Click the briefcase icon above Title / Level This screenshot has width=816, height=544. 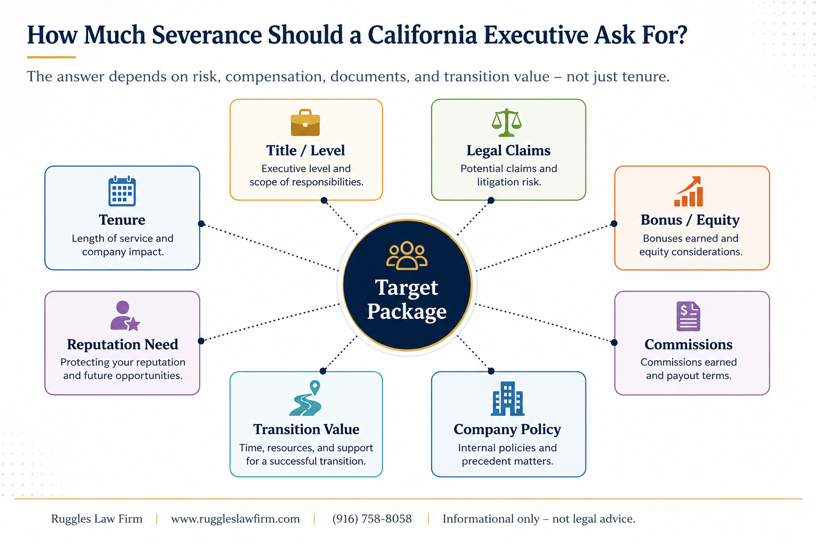coord(305,122)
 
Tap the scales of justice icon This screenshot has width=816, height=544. coord(506,122)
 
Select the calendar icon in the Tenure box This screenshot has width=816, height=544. coord(122,191)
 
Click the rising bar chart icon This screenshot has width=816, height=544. coord(688,192)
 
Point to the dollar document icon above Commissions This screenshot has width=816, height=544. coord(688,316)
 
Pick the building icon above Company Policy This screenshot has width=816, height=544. coord(507,398)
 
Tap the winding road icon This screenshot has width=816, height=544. coord(305,398)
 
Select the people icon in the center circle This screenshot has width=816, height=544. coord(406,256)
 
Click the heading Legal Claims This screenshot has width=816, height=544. coord(508,150)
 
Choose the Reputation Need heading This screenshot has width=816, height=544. coord(122,344)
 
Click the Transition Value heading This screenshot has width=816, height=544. coord(306,429)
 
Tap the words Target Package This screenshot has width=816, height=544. coord(406,299)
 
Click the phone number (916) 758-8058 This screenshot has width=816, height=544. coord(372,518)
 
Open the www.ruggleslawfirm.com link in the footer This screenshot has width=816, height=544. coord(235,519)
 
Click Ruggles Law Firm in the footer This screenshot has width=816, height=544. coord(97,519)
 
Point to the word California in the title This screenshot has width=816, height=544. coord(422,35)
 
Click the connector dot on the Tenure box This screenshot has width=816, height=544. coord(201,223)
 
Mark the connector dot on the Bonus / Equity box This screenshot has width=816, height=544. coord(614,223)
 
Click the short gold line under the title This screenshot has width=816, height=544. coord(52,57)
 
